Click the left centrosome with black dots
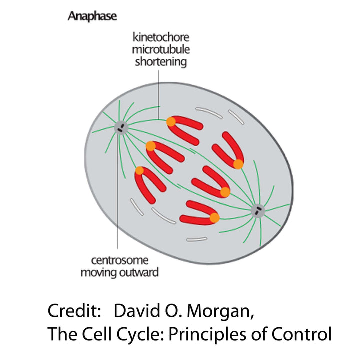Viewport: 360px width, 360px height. [x=120, y=128]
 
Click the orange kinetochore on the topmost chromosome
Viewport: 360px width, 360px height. [x=171, y=121]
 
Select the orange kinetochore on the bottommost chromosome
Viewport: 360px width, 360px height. [x=214, y=218]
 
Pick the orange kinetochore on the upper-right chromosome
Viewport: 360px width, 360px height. [x=238, y=164]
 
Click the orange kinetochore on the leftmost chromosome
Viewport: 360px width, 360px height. [x=139, y=171]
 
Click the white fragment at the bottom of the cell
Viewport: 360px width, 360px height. [x=196, y=240]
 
